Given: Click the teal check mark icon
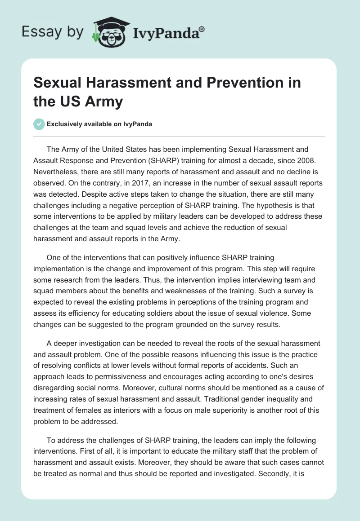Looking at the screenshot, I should click(x=39, y=124).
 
